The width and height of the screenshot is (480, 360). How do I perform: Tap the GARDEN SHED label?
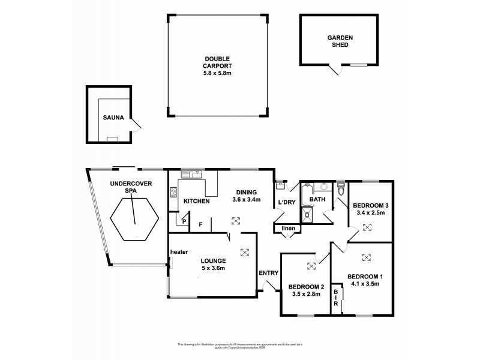click(340, 41)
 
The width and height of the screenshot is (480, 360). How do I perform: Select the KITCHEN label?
click(196, 201)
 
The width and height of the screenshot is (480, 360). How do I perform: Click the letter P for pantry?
click(184, 221)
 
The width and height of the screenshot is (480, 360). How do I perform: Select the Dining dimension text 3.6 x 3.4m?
click(246, 200)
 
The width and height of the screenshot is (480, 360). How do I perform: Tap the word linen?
click(287, 229)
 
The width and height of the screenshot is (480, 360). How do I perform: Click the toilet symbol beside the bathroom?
click(341, 188)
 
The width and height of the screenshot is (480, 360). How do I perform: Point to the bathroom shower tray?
click(307, 215)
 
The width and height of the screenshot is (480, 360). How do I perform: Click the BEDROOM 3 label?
click(370, 204)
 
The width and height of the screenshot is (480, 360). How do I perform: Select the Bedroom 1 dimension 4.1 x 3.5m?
click(364, 284)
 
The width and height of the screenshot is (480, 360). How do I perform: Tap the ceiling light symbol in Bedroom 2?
click(311, 266)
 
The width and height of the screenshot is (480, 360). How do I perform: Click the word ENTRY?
click(268, 273)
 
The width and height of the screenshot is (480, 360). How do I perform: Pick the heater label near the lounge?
click(179, 251)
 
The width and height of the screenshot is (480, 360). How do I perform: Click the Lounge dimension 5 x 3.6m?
click(213, 268)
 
